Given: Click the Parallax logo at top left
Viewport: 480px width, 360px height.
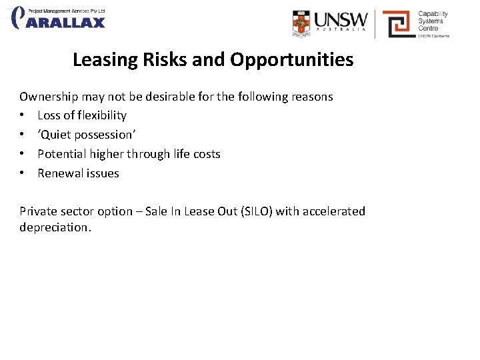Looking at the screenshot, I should (x=59, y=18).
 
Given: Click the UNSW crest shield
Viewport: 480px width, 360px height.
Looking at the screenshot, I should (x=302, y=23).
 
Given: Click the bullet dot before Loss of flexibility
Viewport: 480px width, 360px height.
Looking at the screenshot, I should (x=23, y=115).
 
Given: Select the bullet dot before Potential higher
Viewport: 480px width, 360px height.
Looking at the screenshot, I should (x=23, y=154).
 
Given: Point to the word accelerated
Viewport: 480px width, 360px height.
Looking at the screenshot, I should (x=334, y=211).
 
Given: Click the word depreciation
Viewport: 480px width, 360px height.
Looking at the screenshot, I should (x=55, y=227).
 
